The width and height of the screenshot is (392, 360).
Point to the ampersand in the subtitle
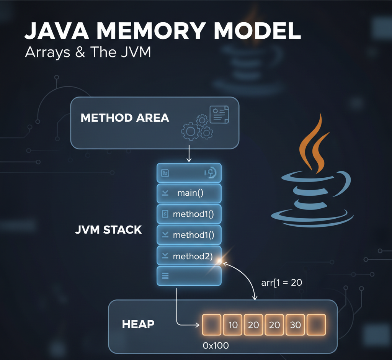[x=80, y=52]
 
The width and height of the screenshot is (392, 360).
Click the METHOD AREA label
[x=125, y=118]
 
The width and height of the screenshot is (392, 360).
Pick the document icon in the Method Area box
[x=219, y=115]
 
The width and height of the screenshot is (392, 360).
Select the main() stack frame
[x=189, y=193]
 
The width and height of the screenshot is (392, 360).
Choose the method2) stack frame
[x=189, y=256]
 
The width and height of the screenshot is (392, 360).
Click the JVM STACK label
[x=109, y=230]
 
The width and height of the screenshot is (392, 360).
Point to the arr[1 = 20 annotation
[x=282, y=283]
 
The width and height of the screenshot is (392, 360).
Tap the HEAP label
[x=138, y=324]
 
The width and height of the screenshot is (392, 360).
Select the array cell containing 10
[x=233, y=325]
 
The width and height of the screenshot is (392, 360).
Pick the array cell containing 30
[x=295, y=325]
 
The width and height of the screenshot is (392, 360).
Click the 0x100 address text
[x=216, y=345]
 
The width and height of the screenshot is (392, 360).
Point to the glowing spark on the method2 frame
[x=219, y=261]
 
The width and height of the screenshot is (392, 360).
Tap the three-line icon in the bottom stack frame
[x=165, y=275]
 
